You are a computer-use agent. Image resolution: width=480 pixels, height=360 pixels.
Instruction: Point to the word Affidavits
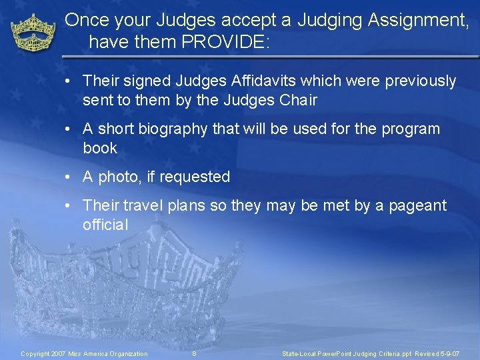pos(269,81)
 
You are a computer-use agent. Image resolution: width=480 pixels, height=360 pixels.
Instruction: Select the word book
pos(100,148)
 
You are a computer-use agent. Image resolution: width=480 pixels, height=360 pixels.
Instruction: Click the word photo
pos(117,177)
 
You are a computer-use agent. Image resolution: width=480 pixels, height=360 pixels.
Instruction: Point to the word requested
pos(197,177)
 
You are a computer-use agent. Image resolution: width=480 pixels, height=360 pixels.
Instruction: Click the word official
pos(105,225)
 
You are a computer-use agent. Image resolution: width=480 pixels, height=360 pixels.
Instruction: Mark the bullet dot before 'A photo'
pos(69,177)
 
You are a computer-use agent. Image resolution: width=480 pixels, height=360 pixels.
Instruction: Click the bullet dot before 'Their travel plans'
pos(69,206)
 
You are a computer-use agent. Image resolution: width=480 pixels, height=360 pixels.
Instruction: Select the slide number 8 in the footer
pos(194,353)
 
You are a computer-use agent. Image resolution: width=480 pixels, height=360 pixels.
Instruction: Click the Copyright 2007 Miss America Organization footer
pos(85,353)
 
